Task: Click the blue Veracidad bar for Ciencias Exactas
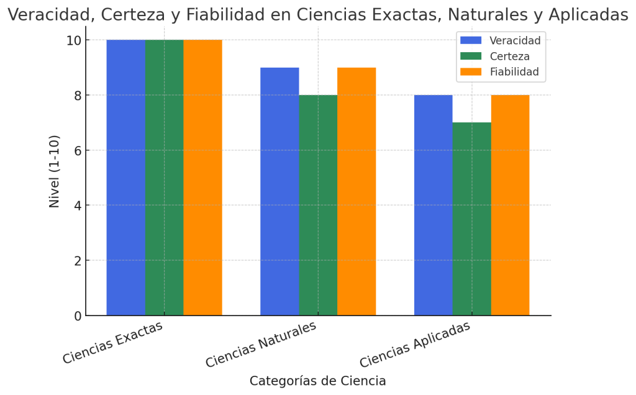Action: tap(125, 178)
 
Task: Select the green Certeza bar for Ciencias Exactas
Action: tap(164, 178)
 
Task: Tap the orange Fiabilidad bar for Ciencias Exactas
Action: tap(202, 178)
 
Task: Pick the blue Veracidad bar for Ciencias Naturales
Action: tap(279, 191)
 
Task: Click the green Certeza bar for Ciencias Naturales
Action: tap(318, 205)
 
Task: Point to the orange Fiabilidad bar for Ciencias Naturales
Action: tap(357, 191)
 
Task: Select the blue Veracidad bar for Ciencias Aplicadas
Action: tap(433, 205)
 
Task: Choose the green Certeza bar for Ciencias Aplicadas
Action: tap(471, 219)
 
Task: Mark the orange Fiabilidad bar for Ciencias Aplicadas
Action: tap(510, 205)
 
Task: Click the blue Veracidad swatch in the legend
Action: tap(471, 40)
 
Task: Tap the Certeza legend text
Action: tap(509, 57)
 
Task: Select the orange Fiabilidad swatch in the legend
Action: tap(471, 72)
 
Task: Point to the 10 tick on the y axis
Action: tap(74, 40)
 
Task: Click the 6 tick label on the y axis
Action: tap(78, 150)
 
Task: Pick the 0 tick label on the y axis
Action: tap(78, 316)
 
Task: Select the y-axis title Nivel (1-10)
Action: tap(55, 171)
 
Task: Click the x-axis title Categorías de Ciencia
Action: tap(318, 381)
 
